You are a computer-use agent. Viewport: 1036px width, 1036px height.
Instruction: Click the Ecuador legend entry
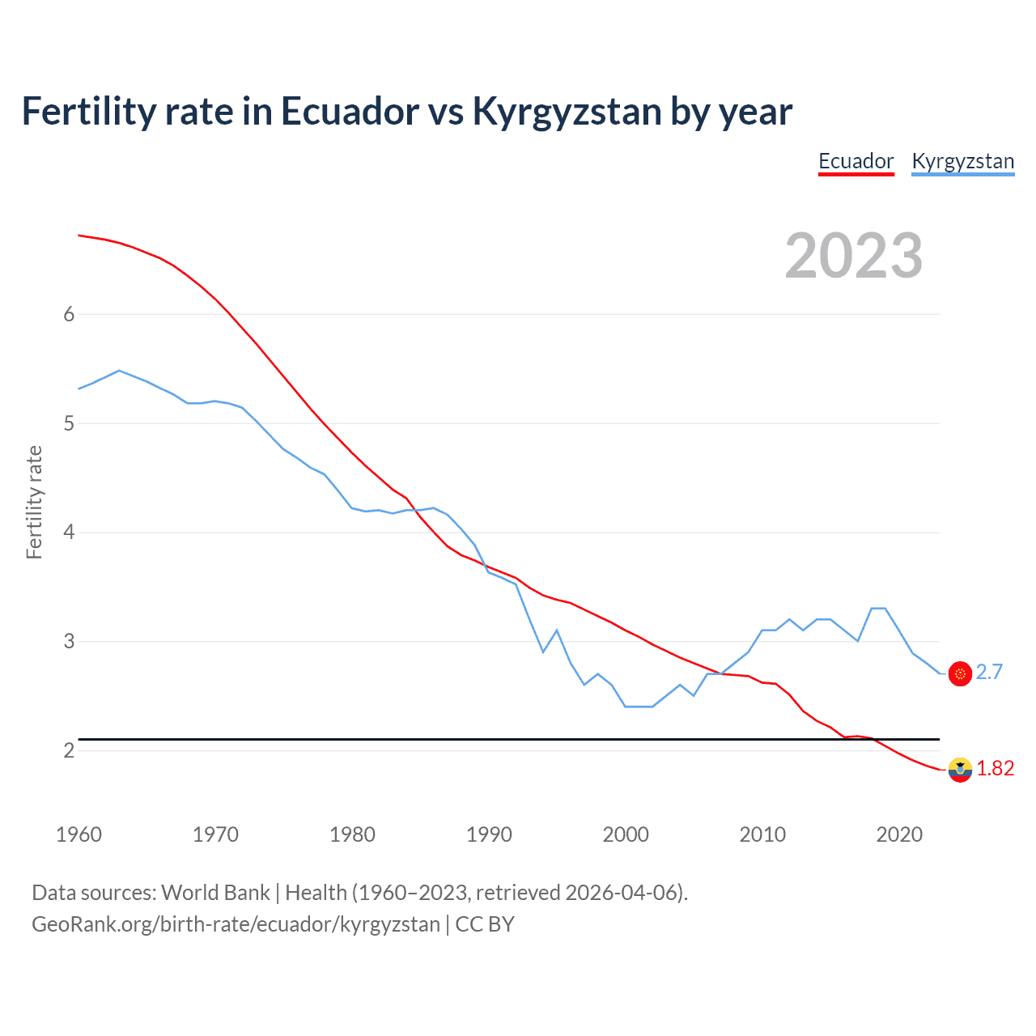856,161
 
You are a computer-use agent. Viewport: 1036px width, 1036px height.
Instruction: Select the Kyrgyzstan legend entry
962,161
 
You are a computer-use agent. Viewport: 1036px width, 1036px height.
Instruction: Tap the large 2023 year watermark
853,256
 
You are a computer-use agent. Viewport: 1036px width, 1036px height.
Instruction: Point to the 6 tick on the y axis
69,314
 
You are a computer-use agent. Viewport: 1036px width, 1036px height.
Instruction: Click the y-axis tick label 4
69,533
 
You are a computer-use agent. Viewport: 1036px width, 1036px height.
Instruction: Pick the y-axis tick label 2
69,750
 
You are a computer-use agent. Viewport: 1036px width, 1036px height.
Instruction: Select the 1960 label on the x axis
79,834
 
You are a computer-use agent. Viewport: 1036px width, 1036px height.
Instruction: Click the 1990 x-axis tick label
489,834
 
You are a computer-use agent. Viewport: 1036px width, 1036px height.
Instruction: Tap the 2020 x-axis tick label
899,834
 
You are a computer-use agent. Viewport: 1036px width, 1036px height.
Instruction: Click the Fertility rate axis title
34,502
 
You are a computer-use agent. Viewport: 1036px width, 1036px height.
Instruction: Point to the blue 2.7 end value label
989,672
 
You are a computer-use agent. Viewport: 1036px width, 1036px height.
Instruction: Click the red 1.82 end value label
995,768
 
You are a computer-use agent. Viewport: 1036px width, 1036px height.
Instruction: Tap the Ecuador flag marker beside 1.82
960,770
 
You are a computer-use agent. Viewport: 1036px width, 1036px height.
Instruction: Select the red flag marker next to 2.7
960,673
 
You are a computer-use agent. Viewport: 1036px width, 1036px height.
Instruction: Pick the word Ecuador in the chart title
350,112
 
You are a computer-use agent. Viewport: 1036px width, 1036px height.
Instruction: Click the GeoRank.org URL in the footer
236,924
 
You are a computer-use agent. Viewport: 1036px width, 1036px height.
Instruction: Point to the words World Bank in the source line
215,893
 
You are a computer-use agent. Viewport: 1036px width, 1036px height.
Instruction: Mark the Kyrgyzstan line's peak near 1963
119,371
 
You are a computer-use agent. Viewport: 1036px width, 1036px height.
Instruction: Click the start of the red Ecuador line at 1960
79,236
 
